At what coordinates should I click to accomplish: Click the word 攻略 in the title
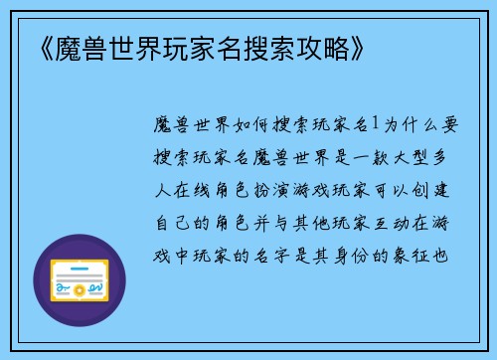pos(316,48)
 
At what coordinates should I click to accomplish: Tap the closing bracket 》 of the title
pos(356,48)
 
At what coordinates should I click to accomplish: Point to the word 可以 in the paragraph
pos(396,188)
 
